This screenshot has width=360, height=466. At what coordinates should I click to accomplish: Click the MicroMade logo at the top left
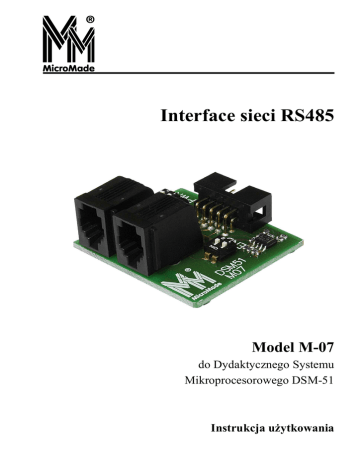pyautogui.click(x=68, y=44)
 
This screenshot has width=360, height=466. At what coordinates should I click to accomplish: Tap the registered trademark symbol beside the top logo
pyautogui.click(x=90, y=20)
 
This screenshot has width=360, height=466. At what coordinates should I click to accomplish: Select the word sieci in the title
pyautogui.click(x=257, y=116)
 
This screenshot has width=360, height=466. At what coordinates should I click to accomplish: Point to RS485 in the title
pyautogui.click(x=307, y=116)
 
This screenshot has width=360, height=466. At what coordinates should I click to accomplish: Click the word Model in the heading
pyautogui.click(x=272, y=347)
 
